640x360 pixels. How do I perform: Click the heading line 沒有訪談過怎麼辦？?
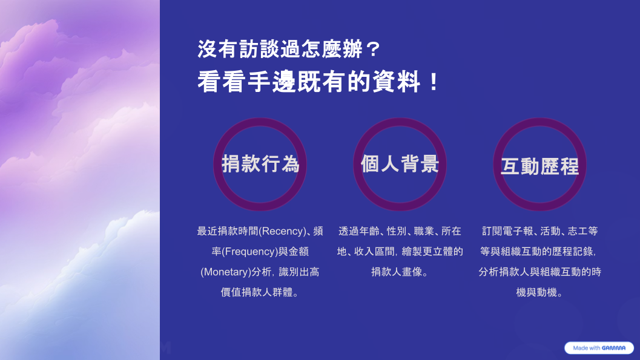[x=289, y=50]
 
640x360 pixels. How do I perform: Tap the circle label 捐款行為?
[x=260, y=164]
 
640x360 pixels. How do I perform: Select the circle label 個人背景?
[x=400, y=164]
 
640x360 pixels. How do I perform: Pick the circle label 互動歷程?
[x=539, y=166]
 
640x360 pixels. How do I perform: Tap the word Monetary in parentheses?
[x=225, y=272]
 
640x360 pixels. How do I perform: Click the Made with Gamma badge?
[x=599, y=348]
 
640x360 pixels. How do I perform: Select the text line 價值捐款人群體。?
[x=260, y=292]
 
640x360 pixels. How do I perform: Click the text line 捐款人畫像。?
[x=400, y=272]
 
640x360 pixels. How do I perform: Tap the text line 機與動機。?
[x=539, y=292]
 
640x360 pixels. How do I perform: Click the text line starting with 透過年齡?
[x=400, y=231]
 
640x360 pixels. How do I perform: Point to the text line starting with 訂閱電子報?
[x=539, y=231]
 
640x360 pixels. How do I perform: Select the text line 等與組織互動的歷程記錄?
[x=538, y=252]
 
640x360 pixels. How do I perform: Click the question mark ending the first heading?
[x=372, y=50]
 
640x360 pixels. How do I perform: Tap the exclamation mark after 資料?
[x=434, y=82]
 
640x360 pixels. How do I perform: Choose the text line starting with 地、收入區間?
[x=400, y=252]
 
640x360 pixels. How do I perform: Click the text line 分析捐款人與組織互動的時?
[x=539, y=272]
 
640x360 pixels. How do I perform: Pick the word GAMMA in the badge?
[x=613, y=348]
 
